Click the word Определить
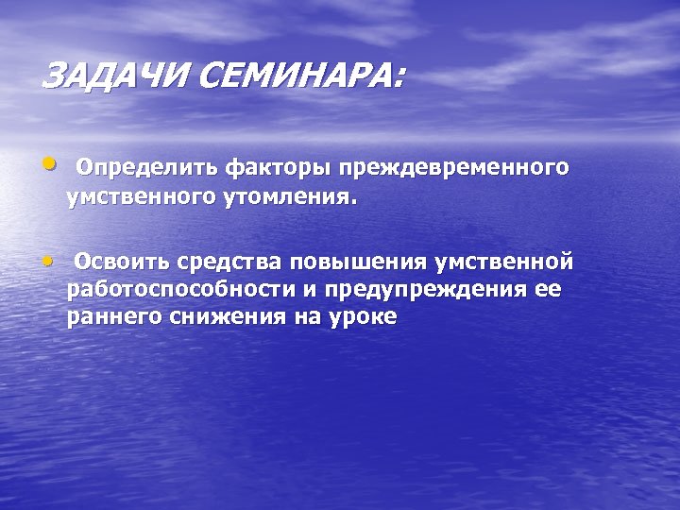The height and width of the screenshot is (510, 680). point(147,168)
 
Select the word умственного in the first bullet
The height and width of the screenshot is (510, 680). point(139,199)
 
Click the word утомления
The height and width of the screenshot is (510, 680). point(288,199)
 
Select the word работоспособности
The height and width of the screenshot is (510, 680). point(180,290)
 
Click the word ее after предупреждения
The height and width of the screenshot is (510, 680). point(547,290)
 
